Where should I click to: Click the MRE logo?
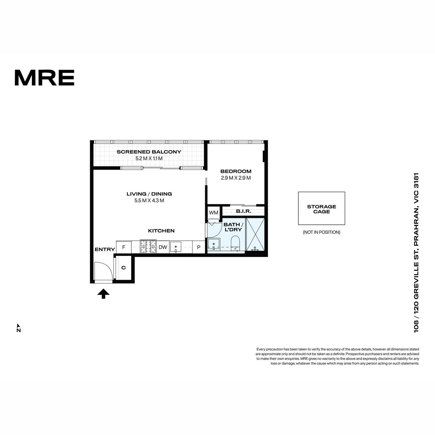pyautogui.click(x=45, y=78)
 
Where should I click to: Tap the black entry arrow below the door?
pyautogui.click(x=103, y=294)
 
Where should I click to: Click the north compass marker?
pyautogui.click(x=18, y=328)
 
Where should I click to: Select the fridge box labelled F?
pyautogui.click(x=124, y=247)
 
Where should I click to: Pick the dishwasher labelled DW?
pyautogui.click(x=163, y=247)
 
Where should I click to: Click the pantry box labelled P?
pyautogui.click(x=198, y=247)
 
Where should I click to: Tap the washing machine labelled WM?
pyautogui.click(x=214, y=212)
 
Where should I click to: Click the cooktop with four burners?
pyautogui.click(x=148, y=246)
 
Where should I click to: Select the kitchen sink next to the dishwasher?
pyautogui.click(x=177, y=247)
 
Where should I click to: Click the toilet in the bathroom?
pyautogui.click(x=235, y=243)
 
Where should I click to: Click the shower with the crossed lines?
pyautogui.click(x=255, y=234)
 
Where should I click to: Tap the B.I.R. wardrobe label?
pyautogui.click(x=244, y=211)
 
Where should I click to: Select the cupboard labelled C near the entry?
pyautogui.click(x=124, y=268)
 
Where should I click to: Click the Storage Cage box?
pyautogui.click(x=322, y=208)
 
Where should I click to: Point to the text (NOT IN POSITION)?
pyautogui.click(x=322, y=232)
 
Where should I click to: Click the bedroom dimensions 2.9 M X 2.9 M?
pyautogui.click(x=236, y=178)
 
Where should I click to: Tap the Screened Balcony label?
pyautogui.click(x=149, y=152)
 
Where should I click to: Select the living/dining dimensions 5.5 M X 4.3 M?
pyautogui.click(x=149, y=200)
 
